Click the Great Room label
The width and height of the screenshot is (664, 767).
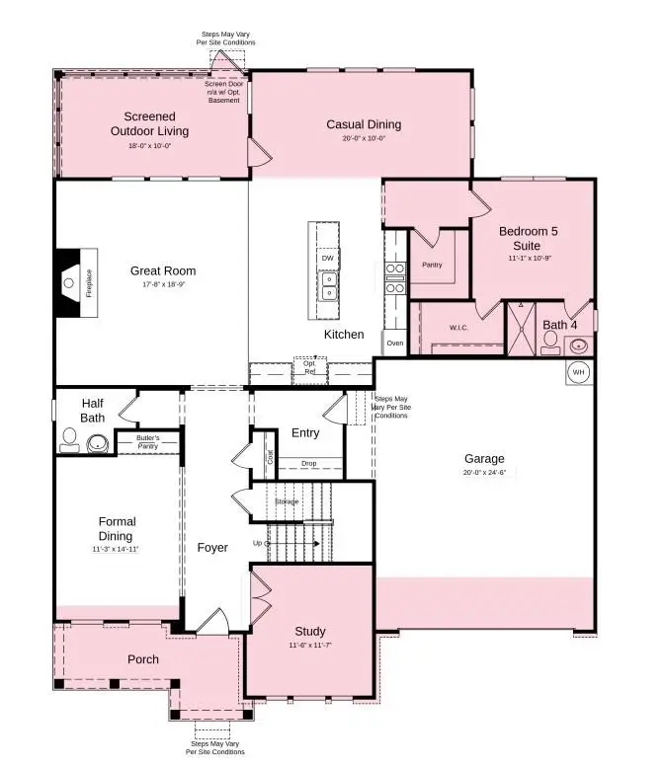click(163, 270)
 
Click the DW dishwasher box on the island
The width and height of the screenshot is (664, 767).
click(327, 258)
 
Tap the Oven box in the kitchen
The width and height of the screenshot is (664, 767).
click(394, 344)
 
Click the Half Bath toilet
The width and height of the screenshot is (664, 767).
click(70, 439)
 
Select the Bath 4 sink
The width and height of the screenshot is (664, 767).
click(579, 345)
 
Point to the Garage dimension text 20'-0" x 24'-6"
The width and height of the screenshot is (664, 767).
click(484, 473)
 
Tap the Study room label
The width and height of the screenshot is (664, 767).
click(309, 631)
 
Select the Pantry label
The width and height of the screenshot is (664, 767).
click(432, 265)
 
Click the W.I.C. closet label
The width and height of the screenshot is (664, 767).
click(457, 328)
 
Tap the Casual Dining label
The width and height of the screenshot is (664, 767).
click(364, 124)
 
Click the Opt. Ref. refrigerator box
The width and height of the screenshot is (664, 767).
click(309, 366)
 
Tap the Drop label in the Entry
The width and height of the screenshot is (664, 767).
click(308, 463)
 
